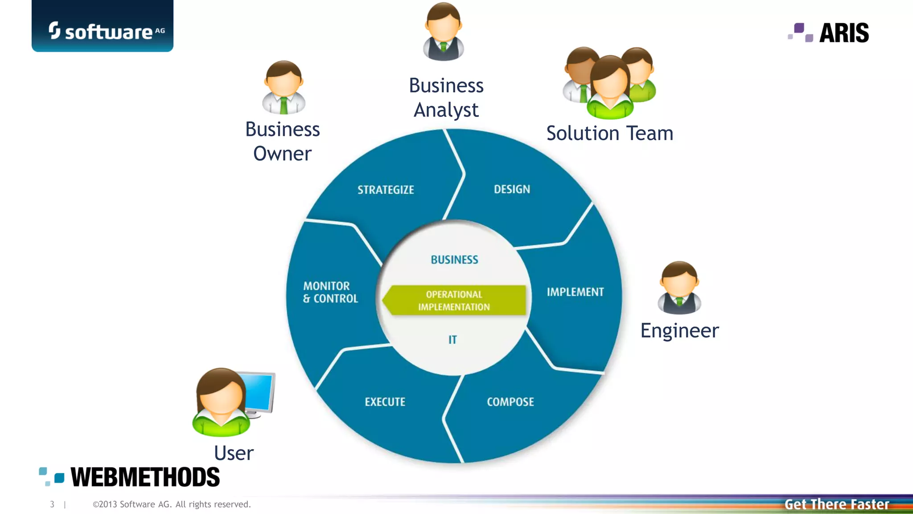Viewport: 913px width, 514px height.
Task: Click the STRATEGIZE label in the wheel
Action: (386, 190)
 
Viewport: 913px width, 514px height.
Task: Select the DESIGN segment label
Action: (512, 189)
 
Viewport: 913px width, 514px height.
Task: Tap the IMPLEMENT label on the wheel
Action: (575, 292)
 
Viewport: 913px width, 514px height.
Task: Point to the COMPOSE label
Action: (510, 402)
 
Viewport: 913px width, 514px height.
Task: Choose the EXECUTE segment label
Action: (385, 402)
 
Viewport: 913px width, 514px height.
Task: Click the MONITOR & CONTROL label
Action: (330, 292)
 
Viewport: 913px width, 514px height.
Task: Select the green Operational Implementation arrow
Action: (454, 300)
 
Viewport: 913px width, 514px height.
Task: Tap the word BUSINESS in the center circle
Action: (454, 260)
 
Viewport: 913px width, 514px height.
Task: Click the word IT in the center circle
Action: (452, 340)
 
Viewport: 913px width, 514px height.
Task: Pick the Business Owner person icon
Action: (284, 87)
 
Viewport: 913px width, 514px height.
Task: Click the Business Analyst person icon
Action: (444, 32)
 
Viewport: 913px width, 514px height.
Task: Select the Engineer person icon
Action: (679, 288)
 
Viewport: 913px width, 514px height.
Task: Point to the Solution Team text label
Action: (609, 133)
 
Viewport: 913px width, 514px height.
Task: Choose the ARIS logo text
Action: (843, 33)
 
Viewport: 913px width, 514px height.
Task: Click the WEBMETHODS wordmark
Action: (145, 477)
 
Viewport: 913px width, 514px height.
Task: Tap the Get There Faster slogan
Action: (837, 504)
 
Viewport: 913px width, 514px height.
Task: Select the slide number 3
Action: (52, 504)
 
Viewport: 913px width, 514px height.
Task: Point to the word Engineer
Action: (679, 331)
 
